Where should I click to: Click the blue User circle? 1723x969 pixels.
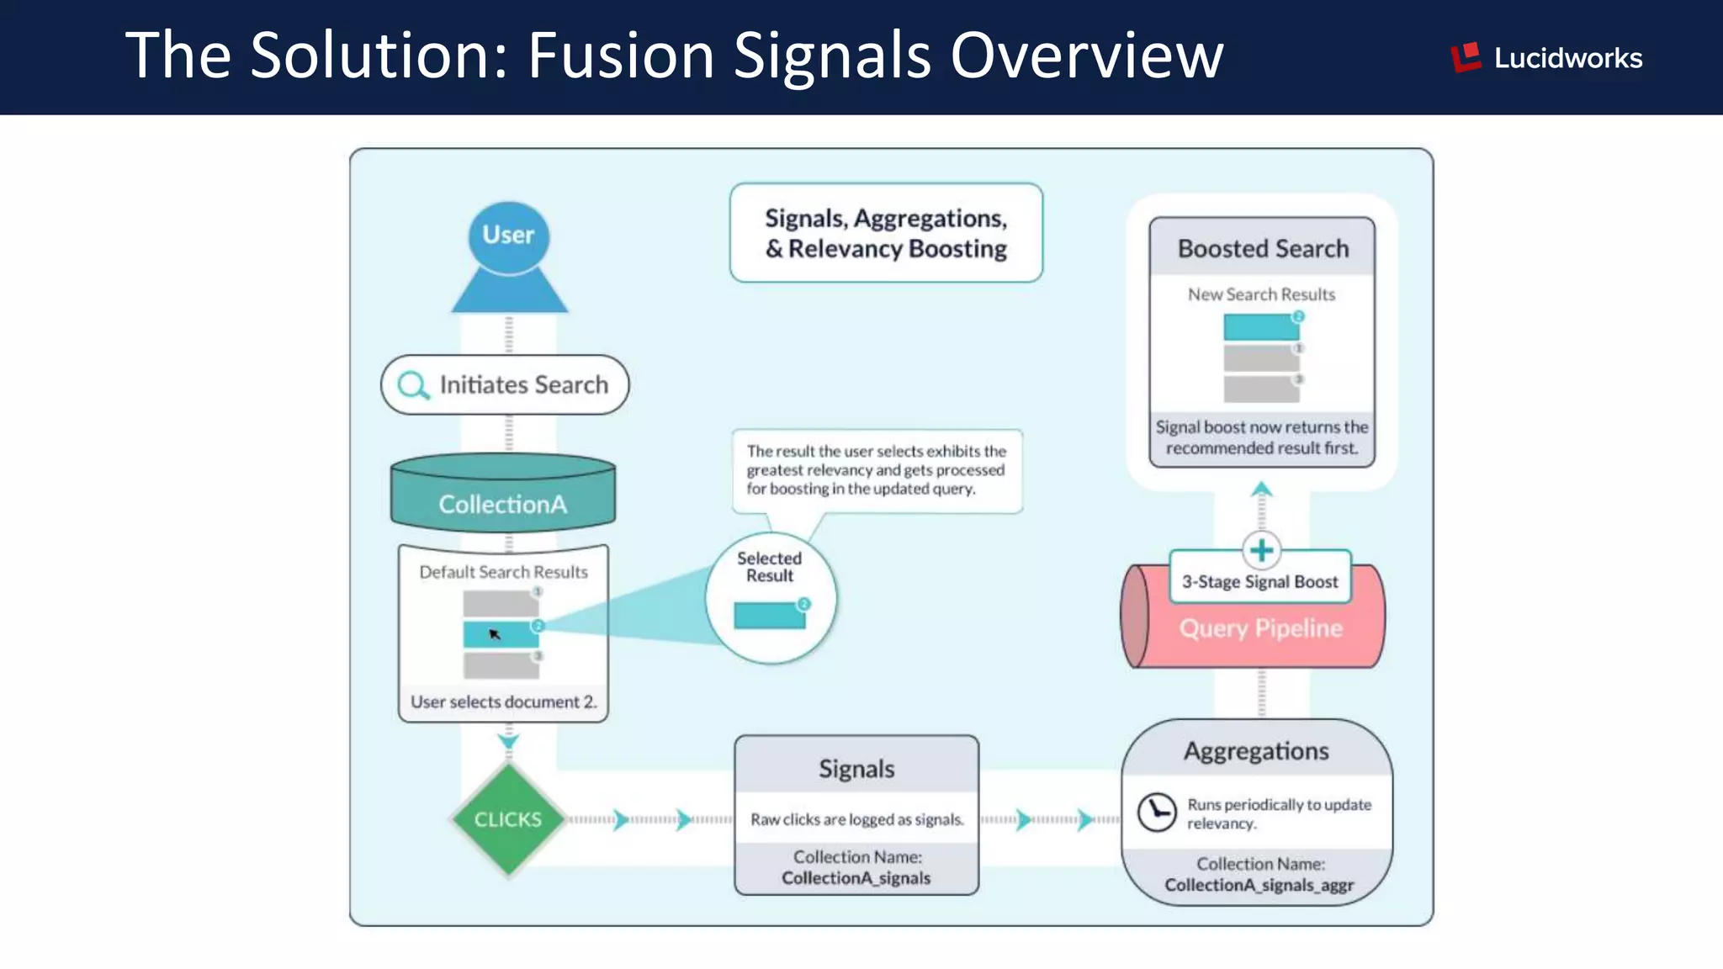tap(508, 236)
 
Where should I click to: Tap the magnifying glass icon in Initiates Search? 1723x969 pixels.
tap(412, 385)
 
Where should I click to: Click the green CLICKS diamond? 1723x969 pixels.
tap(507, 819)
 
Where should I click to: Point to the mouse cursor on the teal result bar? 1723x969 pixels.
tap(495, 634)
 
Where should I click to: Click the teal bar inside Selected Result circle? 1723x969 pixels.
tap(769, 616)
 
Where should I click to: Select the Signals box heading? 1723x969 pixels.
tap(856, 768)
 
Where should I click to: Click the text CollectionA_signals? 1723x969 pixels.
tap(856, 878)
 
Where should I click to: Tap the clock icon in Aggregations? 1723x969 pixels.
tap(1157, 813)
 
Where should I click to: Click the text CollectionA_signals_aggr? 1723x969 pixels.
tap(1259, 885)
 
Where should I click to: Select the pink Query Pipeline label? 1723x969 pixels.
tap(1260, 628)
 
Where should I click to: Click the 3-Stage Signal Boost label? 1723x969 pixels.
tap(1259, 581)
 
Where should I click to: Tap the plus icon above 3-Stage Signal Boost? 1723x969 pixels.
tap(1261, 550)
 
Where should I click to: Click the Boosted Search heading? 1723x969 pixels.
tap(1263, 249)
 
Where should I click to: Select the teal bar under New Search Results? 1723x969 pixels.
tap(1260, 327)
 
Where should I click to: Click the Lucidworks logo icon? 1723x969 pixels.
tap(1466, 57)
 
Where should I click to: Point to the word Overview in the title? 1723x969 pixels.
tap(1087, 56)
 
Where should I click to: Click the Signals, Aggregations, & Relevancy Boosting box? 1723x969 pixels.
tap(886, 233)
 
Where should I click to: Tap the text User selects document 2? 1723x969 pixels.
tap(503, 702)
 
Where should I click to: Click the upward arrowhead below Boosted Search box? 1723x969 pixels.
tap(1261, 489)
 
